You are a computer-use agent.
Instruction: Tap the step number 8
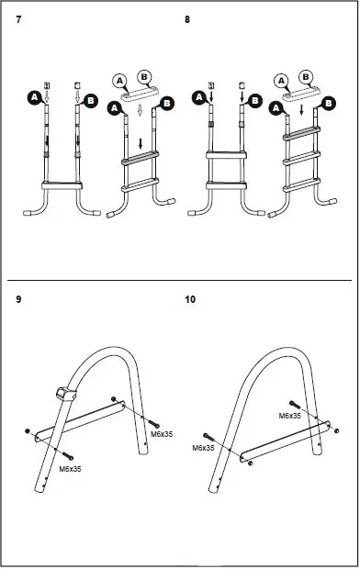click(x=188, y=18)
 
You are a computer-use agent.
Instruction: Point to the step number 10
click(x=190, y=299)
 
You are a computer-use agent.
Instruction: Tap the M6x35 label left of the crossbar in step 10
click(x=203, y=449)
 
